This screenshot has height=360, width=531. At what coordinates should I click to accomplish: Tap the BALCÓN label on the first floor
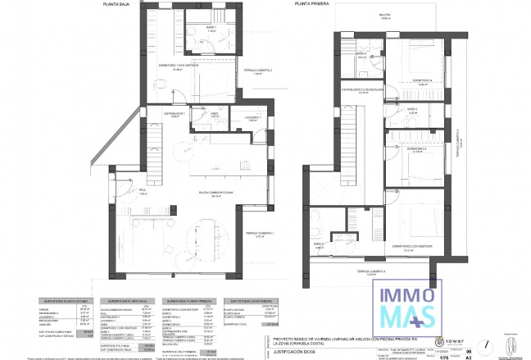click(385, 16)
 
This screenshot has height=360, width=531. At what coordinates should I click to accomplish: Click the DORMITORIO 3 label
click(417, 149)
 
